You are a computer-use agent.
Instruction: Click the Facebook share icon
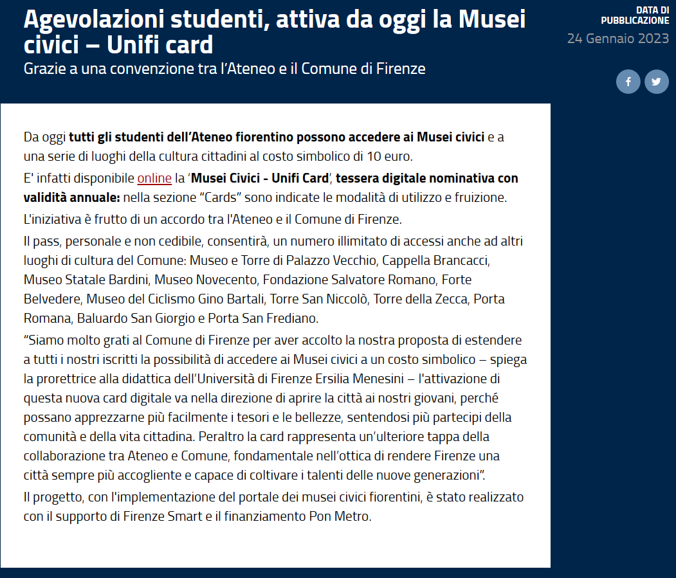click(x=628, y=82)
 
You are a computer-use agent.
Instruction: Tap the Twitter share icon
click(x=656, y=82)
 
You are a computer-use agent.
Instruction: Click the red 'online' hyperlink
click(x=154, y=178)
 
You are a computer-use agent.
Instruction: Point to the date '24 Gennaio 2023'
click(x=617, y=39)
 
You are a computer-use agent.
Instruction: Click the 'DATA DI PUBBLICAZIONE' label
click(x=635, y=15)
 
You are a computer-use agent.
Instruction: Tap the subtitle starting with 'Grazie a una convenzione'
click(x=224, y=68)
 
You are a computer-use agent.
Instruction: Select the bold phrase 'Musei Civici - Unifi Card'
click(x=260, y=178)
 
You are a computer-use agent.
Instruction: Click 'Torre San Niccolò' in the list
click(x=318, y=299)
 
